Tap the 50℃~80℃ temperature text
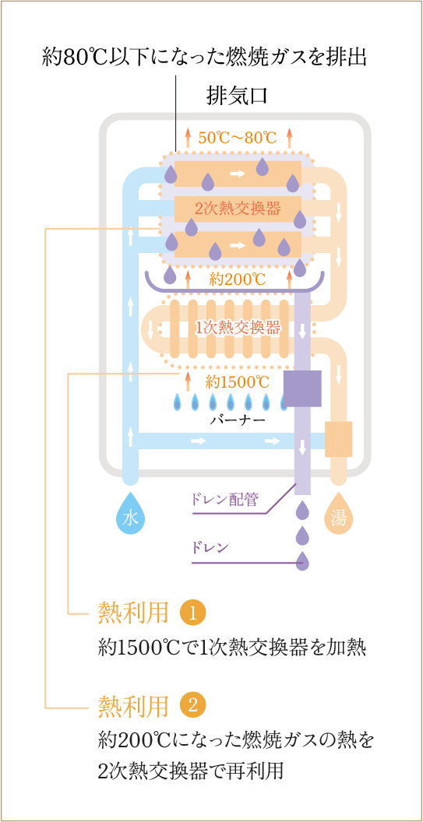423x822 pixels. point(238,137)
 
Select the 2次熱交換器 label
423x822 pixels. point(238,209)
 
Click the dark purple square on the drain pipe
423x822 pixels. point(302,388)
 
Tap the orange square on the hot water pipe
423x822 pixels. point(339,438)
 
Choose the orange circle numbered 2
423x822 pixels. point(193,708)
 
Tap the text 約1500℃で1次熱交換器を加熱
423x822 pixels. point(231,648)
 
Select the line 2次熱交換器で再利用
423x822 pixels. point(191,771)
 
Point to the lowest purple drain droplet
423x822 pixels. point(301,561)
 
